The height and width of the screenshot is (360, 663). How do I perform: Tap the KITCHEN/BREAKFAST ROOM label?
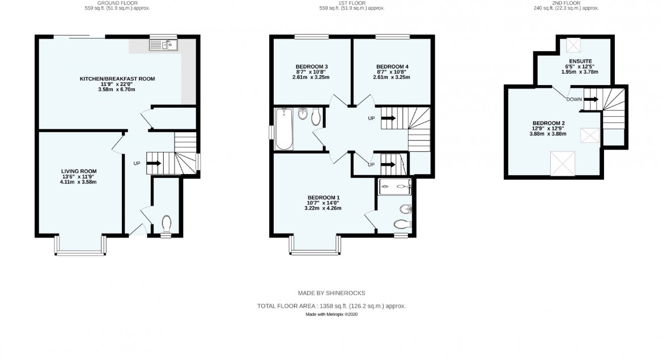[117, 79]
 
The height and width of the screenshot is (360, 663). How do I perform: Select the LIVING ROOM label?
[79, 171]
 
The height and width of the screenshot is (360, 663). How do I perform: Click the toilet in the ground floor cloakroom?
[167, 224]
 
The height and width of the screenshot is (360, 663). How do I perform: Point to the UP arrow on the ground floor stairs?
[154, 163]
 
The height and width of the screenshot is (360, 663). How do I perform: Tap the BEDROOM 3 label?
[312, 67]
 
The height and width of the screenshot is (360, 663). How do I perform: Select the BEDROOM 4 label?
[392, 67]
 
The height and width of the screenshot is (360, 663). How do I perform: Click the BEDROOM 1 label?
[323, 197]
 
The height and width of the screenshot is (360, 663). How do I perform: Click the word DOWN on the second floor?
[573, 99]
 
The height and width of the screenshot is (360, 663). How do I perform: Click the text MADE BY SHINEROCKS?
[331, 293]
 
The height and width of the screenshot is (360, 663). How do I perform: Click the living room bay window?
[80, 245]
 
